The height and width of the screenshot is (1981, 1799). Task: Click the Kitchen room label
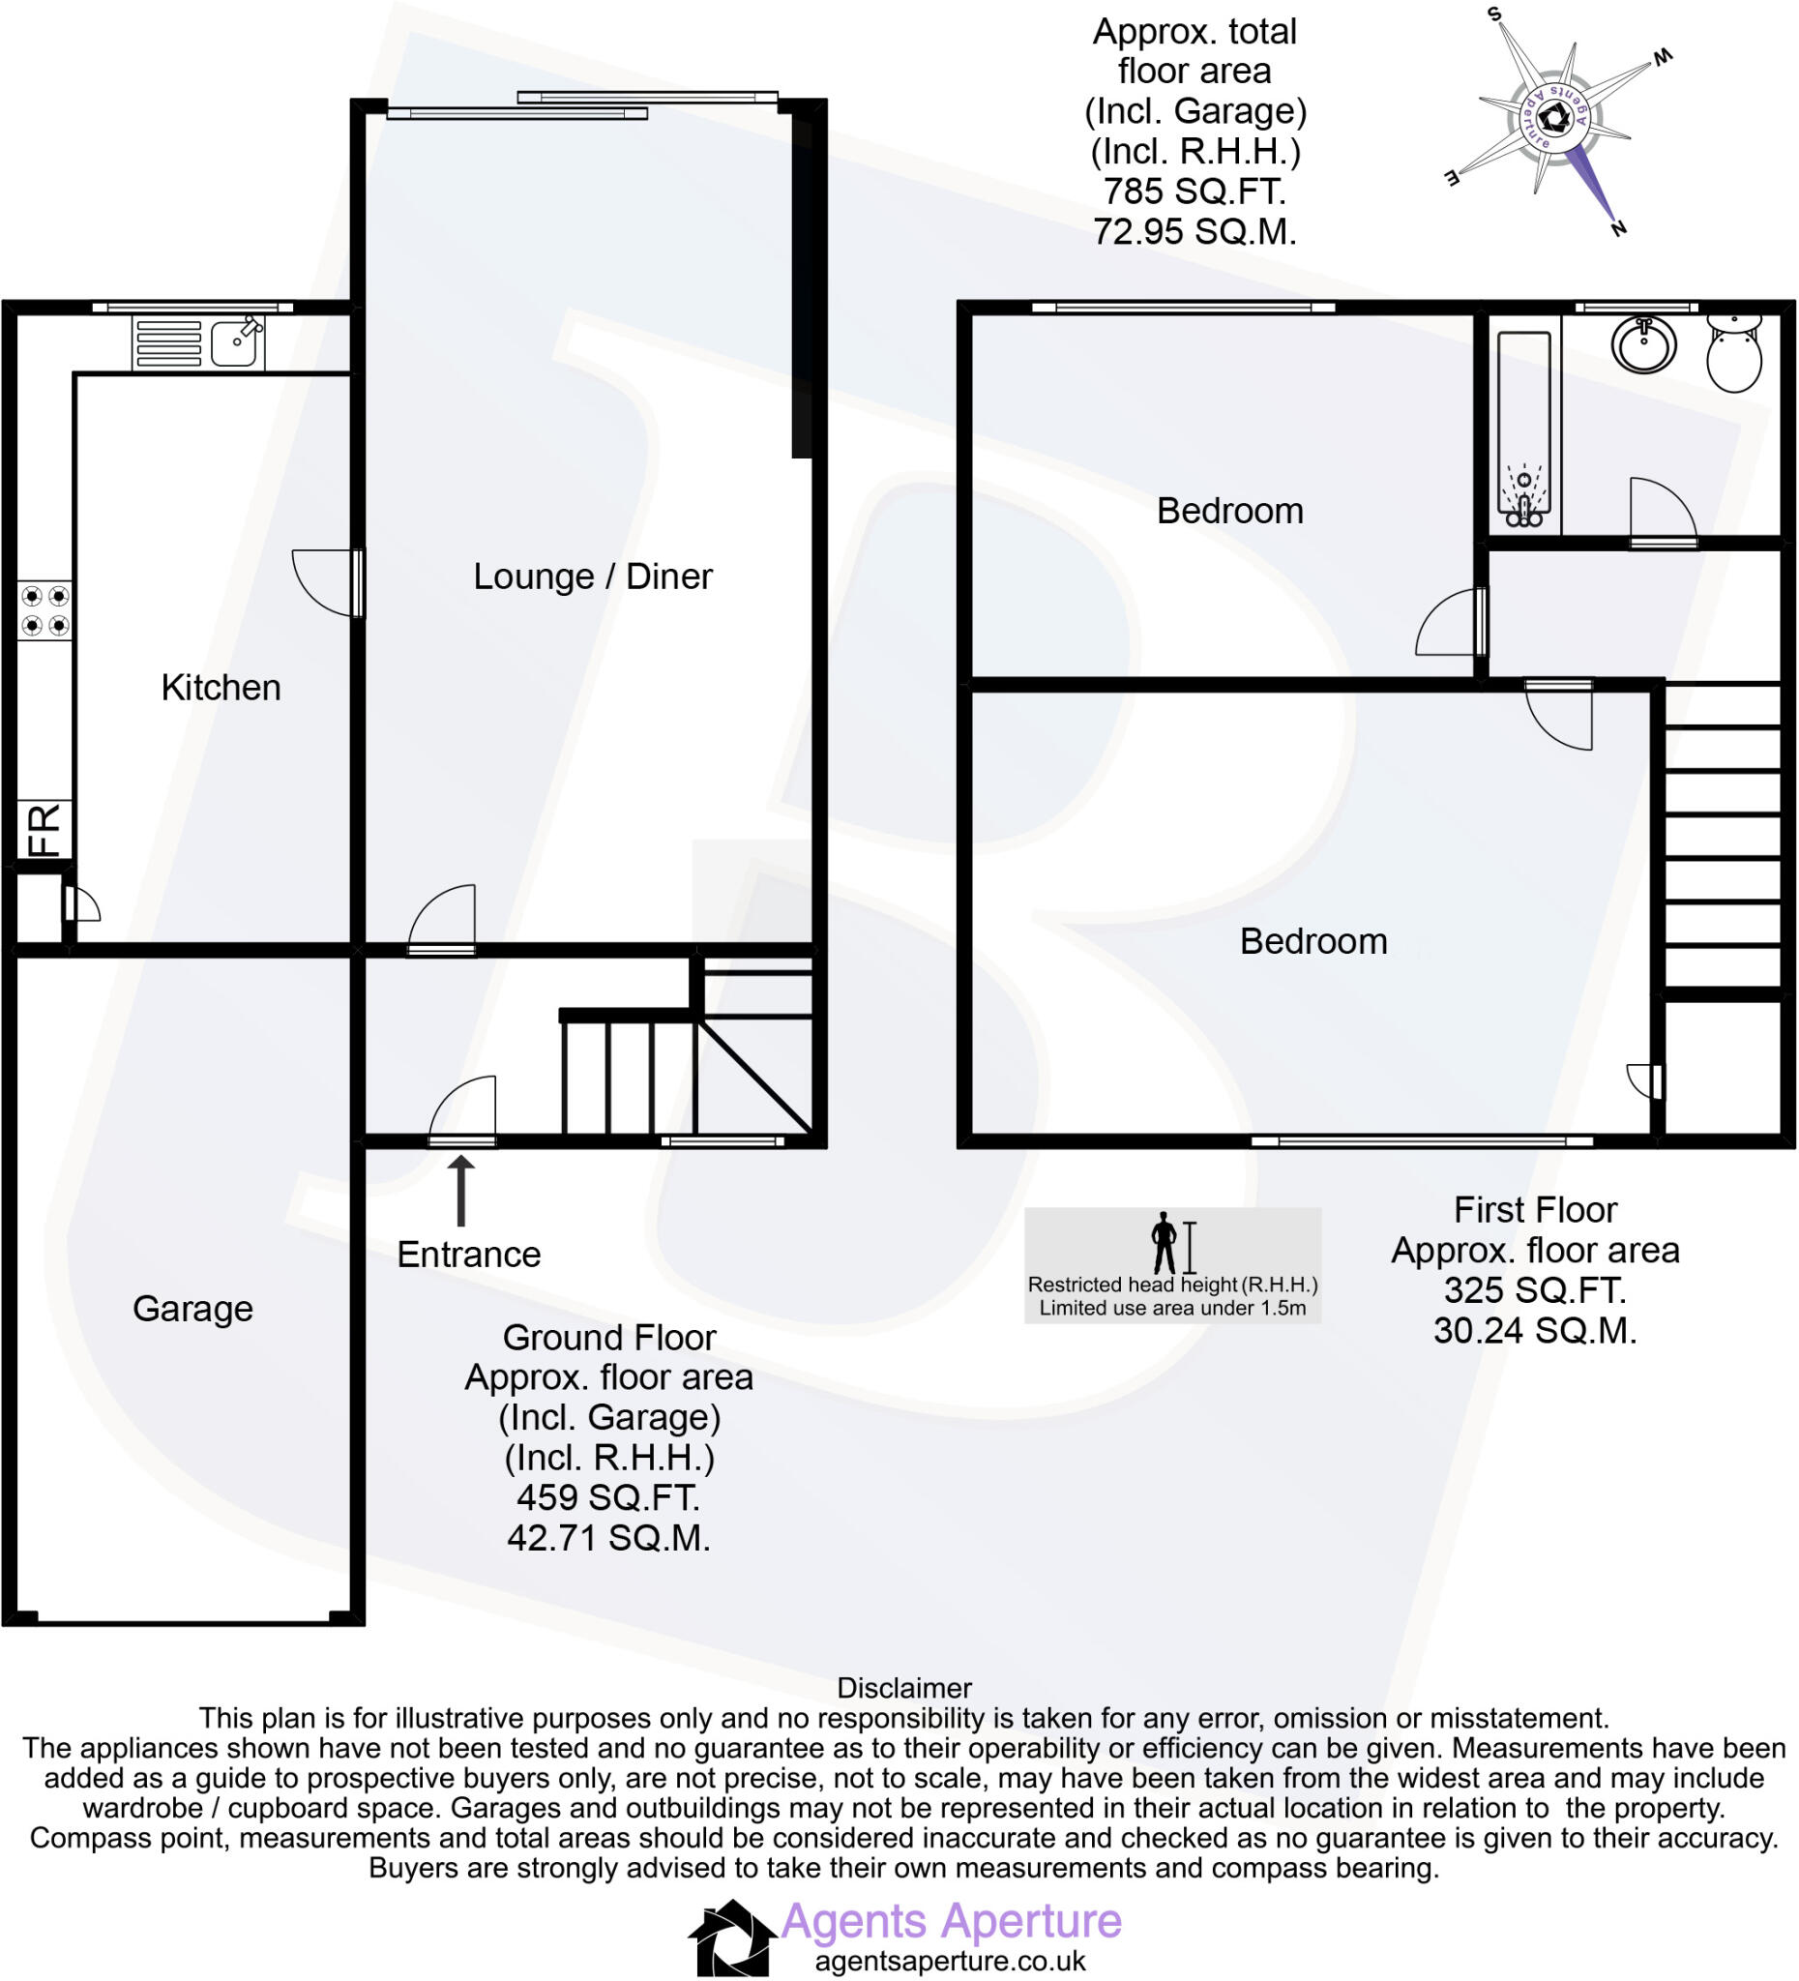(221, 688)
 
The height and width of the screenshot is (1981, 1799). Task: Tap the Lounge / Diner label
(592, 577)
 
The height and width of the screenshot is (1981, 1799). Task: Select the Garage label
(192, 1309)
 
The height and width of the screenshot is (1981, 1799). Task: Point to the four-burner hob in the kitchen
(45, 610)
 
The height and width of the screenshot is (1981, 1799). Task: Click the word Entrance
(469, 1255)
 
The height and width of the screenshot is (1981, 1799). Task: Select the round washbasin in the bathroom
(1642, 344)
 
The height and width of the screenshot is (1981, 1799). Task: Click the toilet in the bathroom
(1734, 355)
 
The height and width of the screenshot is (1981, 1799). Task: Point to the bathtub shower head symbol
(1523, 482)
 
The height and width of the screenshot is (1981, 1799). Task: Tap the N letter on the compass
(1618, 229)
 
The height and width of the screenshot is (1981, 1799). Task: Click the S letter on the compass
(1495, 15)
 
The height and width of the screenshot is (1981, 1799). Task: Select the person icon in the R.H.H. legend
(1164, 1243)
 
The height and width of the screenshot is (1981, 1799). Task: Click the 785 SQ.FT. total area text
(1194, 191)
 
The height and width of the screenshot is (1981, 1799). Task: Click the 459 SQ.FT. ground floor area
(608, 1497)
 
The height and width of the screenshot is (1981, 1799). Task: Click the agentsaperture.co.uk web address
(950, 1962)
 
